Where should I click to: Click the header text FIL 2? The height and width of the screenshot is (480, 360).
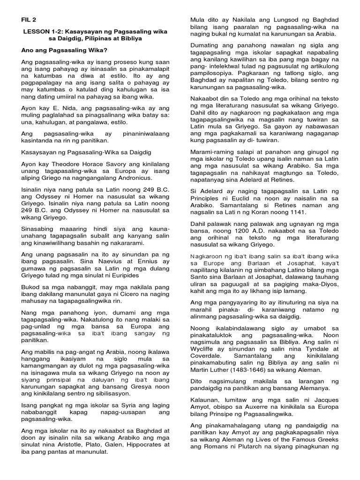pyautogui.click(x=29, y=20)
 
